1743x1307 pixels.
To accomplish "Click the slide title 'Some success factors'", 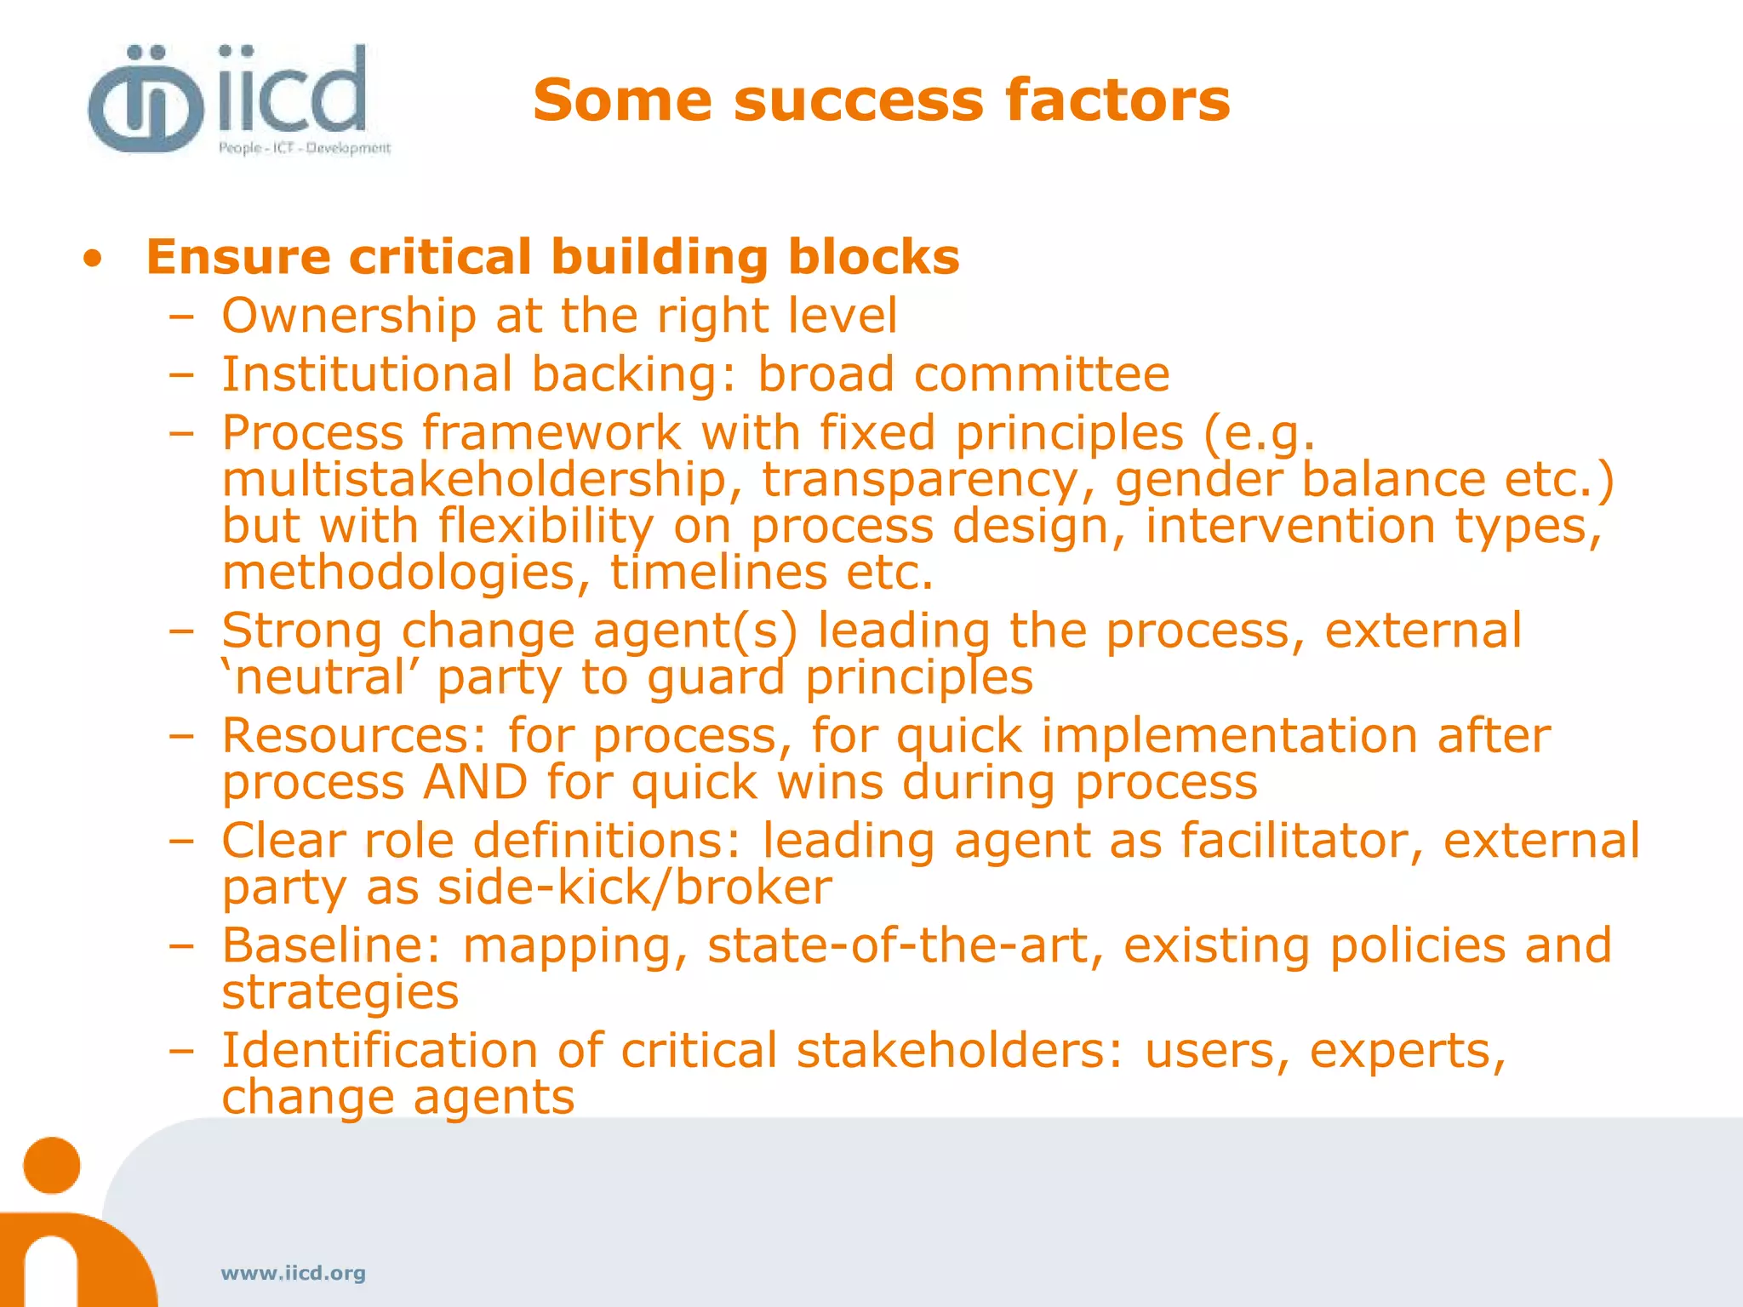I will click(881, 100).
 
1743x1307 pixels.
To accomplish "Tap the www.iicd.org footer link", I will click(293, 1273).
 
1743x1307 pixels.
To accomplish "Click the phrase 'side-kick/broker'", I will click(634, 888).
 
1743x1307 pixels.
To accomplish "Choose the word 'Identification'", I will click(380, 1051).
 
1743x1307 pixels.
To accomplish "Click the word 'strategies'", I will click(340, 993).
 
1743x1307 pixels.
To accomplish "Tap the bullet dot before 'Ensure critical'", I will click(93, 259).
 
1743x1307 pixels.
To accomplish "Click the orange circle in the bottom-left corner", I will click(52, 1165).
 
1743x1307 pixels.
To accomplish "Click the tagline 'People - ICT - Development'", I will click(304, 148).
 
